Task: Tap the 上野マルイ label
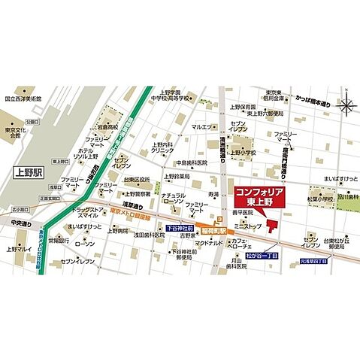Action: (x=21, y=249)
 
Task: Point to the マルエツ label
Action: (x=201, y=127)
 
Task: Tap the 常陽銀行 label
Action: (x=59, y=241)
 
